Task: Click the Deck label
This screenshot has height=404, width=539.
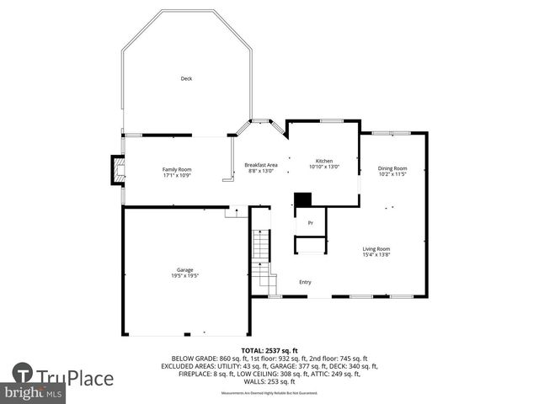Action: (x=186, y=79)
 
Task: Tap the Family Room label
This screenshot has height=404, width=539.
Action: (x=177, y=169)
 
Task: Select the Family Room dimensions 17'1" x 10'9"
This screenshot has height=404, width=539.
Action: (x=177, y=175)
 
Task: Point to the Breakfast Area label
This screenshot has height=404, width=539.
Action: (x=261, y=164)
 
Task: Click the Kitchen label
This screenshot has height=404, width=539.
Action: (x=324, y=161)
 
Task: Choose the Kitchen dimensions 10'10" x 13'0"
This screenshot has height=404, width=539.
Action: (x=324, y=167)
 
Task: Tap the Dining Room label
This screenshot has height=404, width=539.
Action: (x=392, y=168)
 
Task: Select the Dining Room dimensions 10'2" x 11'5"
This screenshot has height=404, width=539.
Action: (x=392, y=174)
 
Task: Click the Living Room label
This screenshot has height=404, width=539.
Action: (x=376, y=248)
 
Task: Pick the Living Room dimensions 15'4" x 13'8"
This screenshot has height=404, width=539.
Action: (x=376, y=254)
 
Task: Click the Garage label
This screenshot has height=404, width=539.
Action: (x=185, y=269)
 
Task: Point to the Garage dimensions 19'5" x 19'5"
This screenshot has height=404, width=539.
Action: (x=185, y=275)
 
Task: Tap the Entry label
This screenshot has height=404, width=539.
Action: (x=305, y=282)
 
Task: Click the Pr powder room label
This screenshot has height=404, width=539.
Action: (x=310, y=223)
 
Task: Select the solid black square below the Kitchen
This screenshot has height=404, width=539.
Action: (x=302, y=199)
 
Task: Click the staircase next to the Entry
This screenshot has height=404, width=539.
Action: (x=262, y=252)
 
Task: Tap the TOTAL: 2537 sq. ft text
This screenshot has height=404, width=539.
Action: (x=269, y=350)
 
